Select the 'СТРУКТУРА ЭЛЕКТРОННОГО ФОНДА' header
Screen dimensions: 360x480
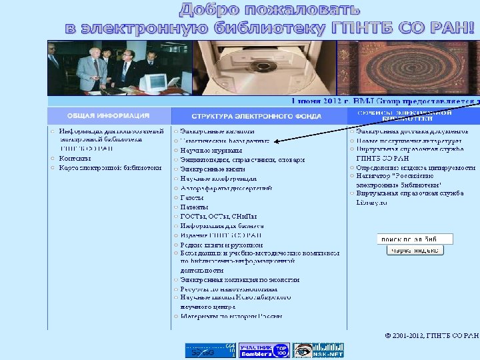point(257,116)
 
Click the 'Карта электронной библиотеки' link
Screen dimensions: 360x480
point(110,168)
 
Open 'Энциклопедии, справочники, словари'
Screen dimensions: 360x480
point(242,160)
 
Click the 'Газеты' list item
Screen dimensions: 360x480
point(192,198)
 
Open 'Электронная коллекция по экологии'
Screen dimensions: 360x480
point(239,280)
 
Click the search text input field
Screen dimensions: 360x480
point(415,239)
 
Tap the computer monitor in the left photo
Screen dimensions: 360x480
point(155,82)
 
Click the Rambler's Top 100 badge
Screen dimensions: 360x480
point(264,351)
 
